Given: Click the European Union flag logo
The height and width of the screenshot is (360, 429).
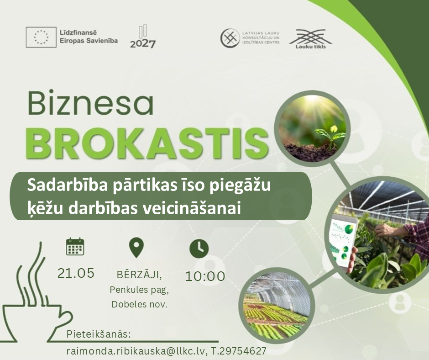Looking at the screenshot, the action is [x=41, y=37].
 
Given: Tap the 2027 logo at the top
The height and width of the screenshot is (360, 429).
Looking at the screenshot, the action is [x=143, y=37].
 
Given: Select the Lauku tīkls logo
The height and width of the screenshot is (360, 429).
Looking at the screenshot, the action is [x=310, y=39].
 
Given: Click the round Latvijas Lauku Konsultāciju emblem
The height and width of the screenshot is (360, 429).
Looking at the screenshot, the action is [x=230, y=38].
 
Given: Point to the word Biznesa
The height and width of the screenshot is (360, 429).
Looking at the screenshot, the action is [x=90, y=104].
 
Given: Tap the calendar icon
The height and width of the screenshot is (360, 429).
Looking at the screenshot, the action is [x=75, y=247].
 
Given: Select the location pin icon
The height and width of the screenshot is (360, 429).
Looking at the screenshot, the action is [x=136, y=248].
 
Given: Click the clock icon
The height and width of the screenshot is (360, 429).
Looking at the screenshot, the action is [x=199, y=249].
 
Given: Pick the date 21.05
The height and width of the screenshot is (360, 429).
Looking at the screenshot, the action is [x=76, y=273].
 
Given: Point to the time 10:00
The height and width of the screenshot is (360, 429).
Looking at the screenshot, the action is [x=205, y=276].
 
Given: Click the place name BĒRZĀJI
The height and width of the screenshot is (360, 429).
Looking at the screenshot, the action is [x=139, y=275].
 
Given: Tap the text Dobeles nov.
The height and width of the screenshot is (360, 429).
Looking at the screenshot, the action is [x=139, y=304].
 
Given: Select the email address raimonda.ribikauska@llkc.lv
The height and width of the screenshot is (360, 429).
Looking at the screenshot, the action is [x=136, y=351].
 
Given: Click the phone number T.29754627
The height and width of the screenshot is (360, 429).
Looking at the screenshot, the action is [x=239, y=351].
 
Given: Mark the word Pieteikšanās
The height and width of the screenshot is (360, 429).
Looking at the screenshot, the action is [x=99, y=335].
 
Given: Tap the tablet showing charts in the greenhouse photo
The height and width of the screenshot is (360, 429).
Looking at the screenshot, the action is [x=344, y=243].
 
